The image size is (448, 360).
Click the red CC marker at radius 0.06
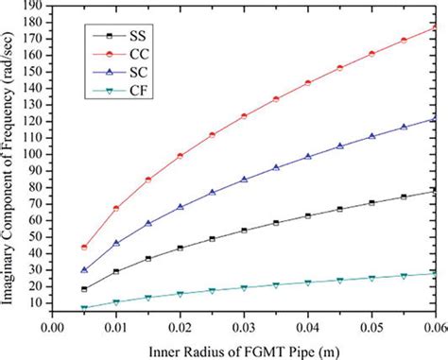tap(433, 27)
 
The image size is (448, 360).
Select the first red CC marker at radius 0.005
tap(84, 247)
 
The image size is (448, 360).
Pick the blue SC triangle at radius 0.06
tap(433, 119)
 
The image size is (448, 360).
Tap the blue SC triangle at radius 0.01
tap(115, 243)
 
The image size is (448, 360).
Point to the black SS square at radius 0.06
tap(433, 191)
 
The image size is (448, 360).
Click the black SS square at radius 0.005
tap(84, 289)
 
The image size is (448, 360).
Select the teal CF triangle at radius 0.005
tap(84, 308)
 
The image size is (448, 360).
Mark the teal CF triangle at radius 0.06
tap(433, 274)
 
